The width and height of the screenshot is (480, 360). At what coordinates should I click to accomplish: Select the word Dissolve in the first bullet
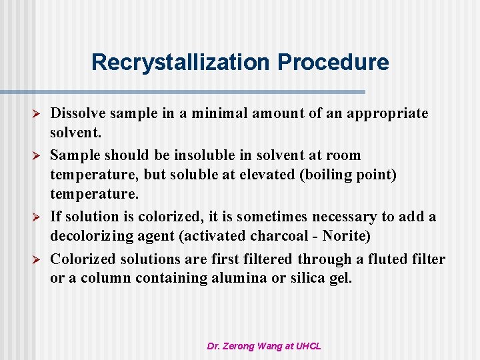tap(75, 113)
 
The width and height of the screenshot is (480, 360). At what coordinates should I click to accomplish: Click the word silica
tap(311, 279)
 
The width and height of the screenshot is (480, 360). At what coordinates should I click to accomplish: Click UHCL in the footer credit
tap(308, 346)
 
